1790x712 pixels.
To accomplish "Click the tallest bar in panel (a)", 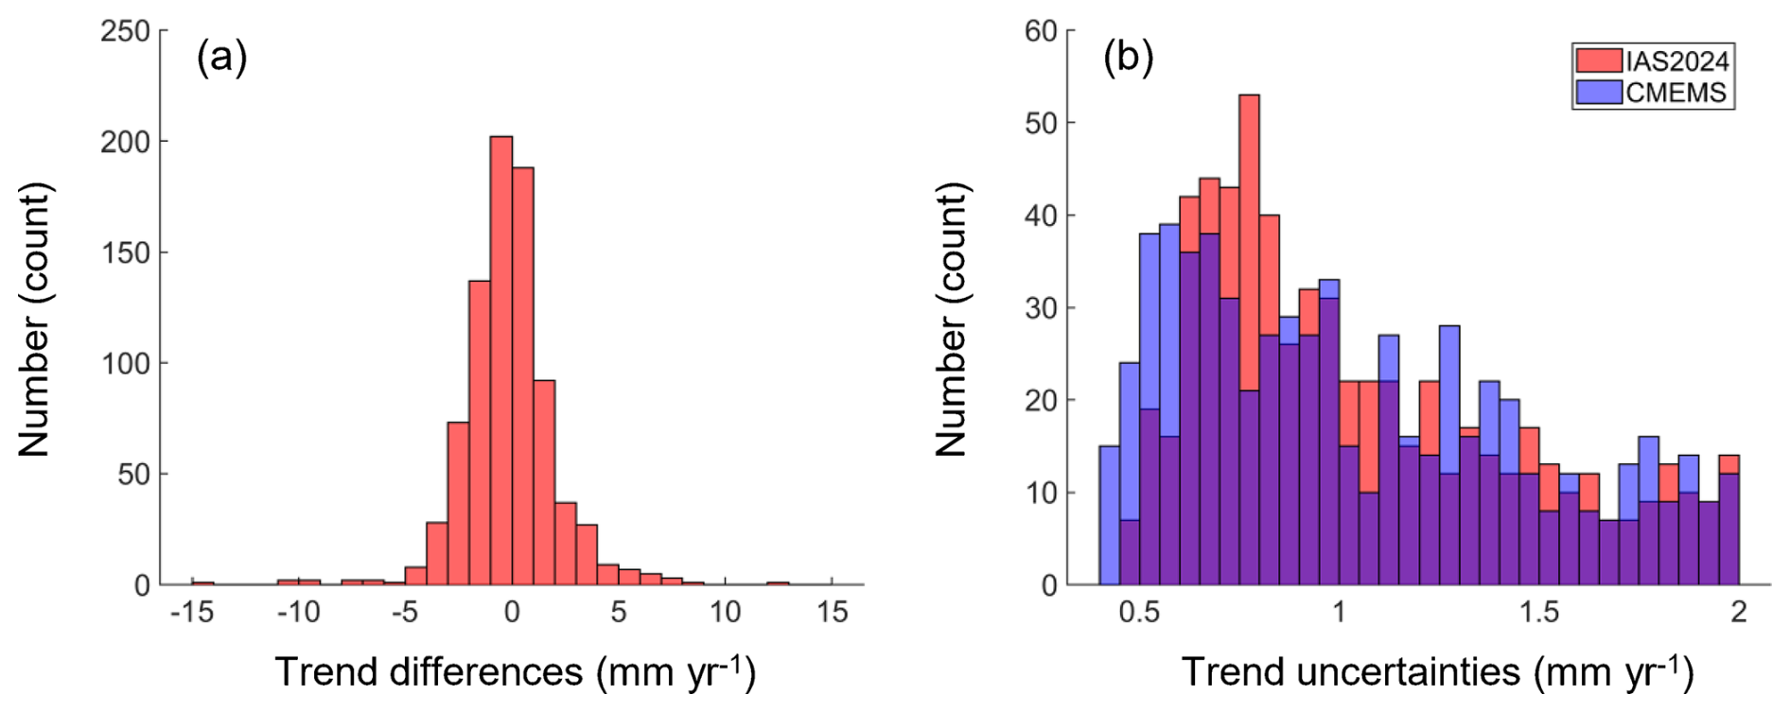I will (501, 359).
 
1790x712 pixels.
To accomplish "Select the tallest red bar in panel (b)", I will (1249, 340).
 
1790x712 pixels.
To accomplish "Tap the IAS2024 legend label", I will (1677, 61).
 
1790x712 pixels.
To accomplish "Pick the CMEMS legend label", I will (1676, 93).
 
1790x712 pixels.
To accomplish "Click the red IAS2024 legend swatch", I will (1599, 61).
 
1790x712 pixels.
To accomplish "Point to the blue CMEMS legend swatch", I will (1599, 93).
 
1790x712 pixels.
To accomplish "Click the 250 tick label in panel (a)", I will (126, 31).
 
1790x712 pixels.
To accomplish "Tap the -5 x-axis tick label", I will (405, 613).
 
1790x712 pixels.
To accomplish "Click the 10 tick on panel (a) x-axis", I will (725, 613).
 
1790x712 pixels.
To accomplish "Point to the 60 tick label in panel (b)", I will (1041, 31).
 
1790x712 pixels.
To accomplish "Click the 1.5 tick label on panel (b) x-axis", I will (1539, 613).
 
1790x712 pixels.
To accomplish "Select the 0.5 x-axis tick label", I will (1139, 613).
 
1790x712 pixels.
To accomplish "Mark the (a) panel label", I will (221, 59).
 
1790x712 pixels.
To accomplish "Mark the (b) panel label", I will (1128, 59).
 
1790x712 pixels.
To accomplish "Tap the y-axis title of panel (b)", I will (952, 320).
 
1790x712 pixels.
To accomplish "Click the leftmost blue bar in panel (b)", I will (1110, 515).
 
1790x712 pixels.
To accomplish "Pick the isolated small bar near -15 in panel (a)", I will (202, 582).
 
